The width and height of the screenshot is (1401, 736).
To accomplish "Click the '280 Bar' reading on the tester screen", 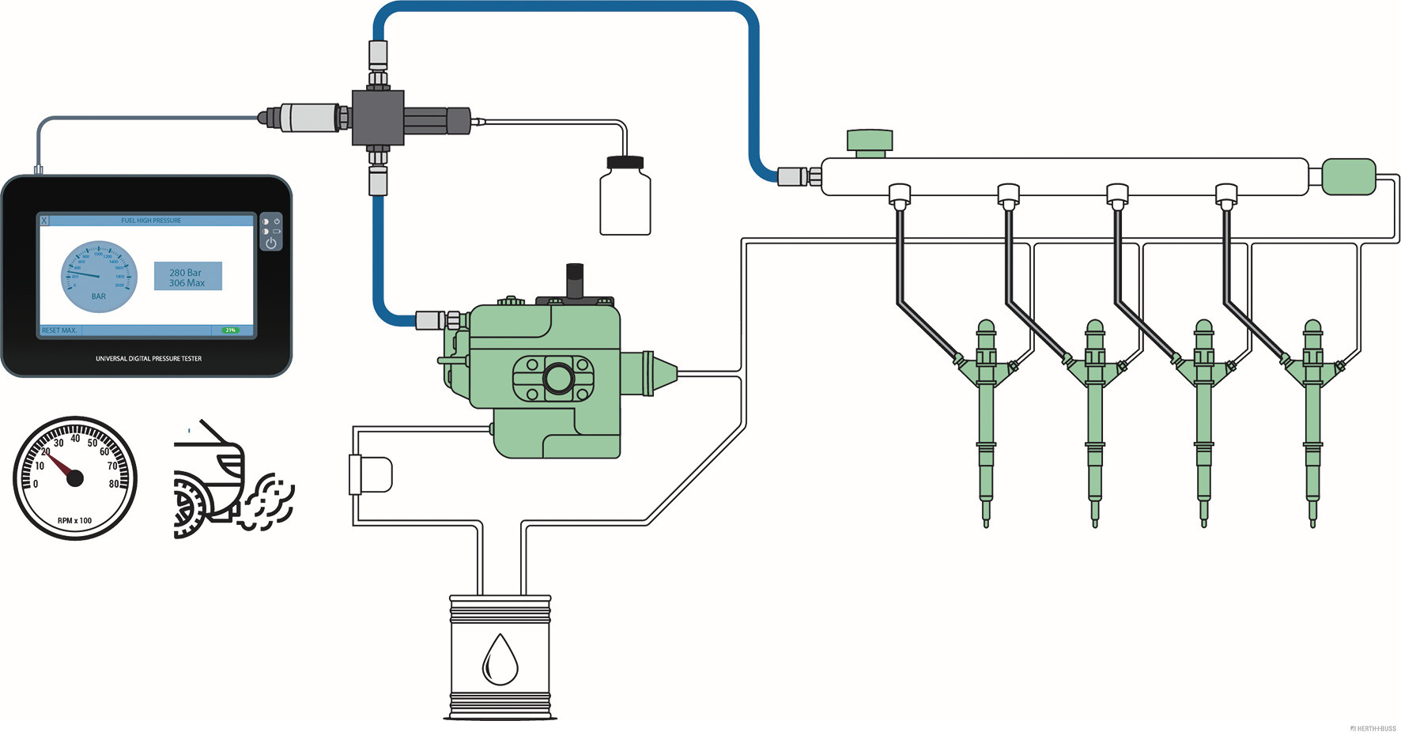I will click(x=185, y=272).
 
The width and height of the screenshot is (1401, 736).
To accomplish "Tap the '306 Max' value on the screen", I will click(x=187, y=283).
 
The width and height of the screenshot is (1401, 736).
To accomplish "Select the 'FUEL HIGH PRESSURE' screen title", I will click(x=151, y=221).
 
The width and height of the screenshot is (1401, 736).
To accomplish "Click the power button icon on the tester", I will click(x=271, y=243).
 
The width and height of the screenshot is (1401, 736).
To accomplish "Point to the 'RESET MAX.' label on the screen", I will click(x=59, y=330).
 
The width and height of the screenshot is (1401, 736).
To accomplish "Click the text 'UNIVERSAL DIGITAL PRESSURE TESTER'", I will click(x=149, y=359).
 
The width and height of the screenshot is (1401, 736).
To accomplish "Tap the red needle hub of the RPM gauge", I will click(x=75, y=477).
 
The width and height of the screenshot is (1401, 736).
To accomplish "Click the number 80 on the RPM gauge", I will click(x=114, y=484).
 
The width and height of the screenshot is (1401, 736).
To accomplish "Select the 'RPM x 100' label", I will click(x=74, y=521).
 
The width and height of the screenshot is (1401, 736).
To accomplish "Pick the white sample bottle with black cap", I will click(x=625, y=198).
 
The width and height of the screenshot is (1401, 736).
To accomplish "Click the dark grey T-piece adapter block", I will click(x=378, y=117).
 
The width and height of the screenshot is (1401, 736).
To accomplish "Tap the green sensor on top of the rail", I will click(x=870, y=142).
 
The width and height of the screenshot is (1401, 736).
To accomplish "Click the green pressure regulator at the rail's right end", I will click(x=1349, y=176).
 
